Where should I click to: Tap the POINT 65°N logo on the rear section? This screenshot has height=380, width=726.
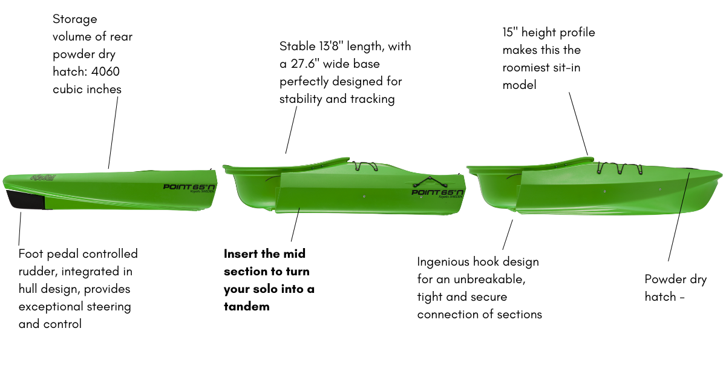(x=189, y=188)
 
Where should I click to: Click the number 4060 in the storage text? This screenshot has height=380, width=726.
(x=104, y=72)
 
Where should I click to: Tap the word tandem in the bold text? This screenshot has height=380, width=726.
(x=246, y=306)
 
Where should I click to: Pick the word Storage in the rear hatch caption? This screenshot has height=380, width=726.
(x=75, y=19)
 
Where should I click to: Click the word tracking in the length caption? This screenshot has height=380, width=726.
(x=370, y=99)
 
